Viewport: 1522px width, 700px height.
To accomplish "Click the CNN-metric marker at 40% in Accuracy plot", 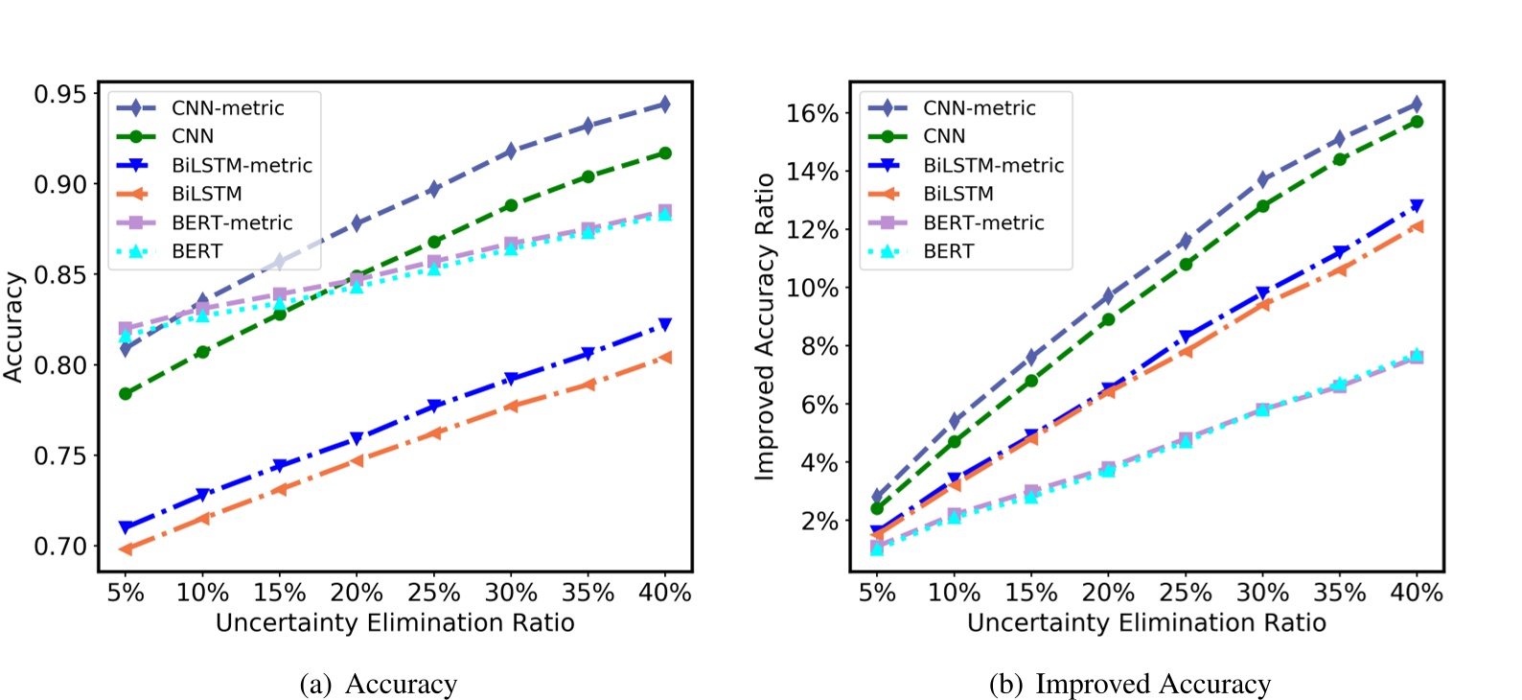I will (x=664, y=105).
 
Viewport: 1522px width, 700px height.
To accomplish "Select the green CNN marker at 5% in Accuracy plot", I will (x=126, y=393).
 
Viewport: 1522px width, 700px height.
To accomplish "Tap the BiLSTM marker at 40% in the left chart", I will (x=664, y=358).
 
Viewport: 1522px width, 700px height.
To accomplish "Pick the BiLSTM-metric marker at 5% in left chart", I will (x=126, y=527).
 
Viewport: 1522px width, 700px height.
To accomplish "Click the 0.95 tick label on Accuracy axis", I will (x=59, y=95).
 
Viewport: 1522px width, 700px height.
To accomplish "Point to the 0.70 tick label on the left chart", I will (x=59, y=547).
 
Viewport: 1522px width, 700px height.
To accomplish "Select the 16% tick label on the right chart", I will (x=813, y=114).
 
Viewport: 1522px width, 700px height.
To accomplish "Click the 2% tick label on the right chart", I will (x=819, y=522).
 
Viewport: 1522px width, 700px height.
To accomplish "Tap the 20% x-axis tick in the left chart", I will (x=357, y=594).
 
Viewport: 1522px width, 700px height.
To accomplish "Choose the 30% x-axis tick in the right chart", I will (x=1262, y=594).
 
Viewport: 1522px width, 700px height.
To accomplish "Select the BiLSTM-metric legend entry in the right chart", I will (x=993, y=165).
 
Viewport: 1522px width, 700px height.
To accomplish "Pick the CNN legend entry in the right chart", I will (x=944, y=136).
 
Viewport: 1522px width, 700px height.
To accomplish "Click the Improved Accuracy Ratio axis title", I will (x=764, y=326).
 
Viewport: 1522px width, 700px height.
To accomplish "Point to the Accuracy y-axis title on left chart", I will (x=13, y=326).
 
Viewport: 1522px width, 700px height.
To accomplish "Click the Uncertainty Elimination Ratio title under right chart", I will (x=1146, y=623).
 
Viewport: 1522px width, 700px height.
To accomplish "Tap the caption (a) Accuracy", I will (x=379, y=685).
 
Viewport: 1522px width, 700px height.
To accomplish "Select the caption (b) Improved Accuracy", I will (x=1130, y=685).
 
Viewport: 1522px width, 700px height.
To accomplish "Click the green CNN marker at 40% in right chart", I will (x=1417, y=122).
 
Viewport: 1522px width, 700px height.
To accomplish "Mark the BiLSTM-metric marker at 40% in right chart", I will (x=1417, y=205).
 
